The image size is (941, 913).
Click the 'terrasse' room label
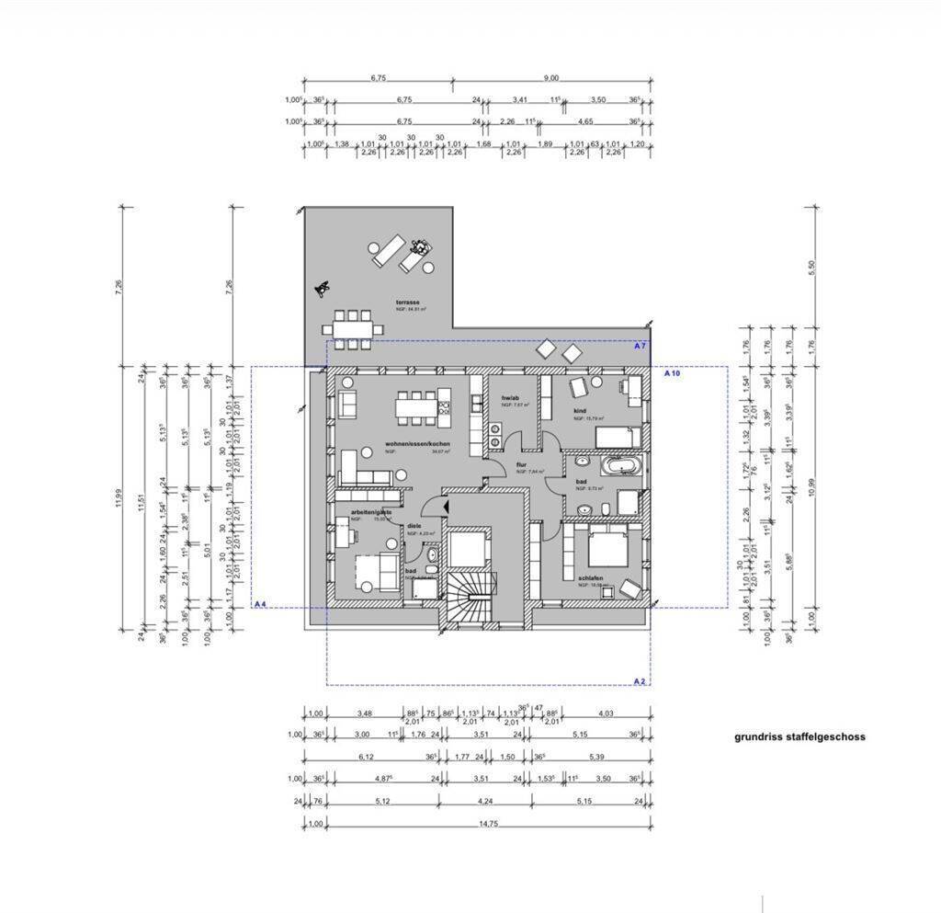pos(407,302)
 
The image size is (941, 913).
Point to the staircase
pos(471,597)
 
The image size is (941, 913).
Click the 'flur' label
pos(521,465)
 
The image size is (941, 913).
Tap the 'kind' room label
pos(581,411)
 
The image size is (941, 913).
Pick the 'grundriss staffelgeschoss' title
pos(799,736)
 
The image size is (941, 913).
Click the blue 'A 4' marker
pos(260,604)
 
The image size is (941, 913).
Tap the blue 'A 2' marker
pos(640,680)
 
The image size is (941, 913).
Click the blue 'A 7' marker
pos(641,346)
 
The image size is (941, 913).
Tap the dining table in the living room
pos(418,405)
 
